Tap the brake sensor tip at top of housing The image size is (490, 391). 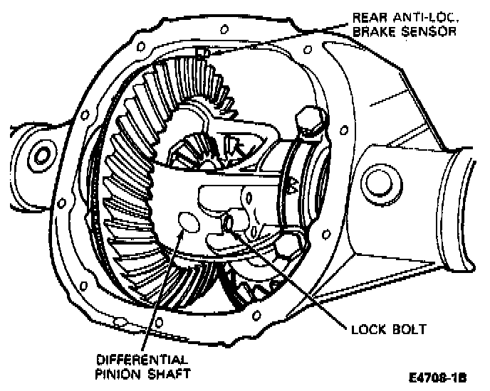[203, 52]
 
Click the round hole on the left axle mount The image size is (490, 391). [40, 154]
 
